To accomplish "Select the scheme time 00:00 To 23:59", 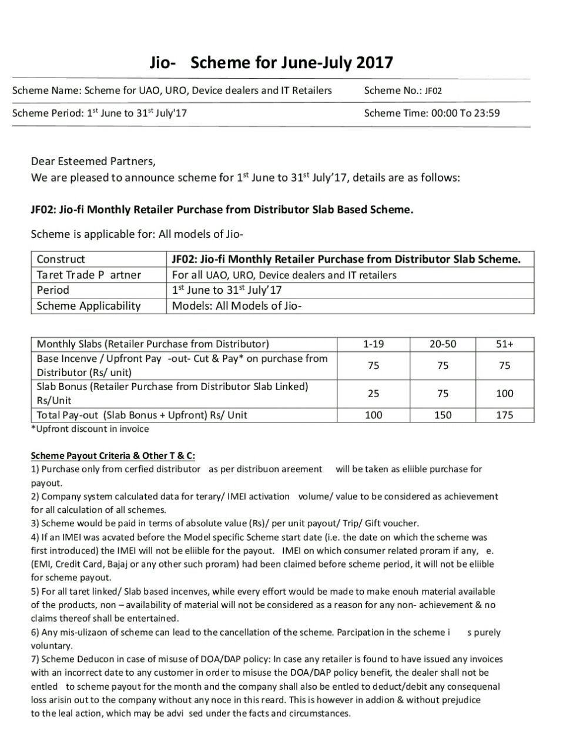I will (465, 113).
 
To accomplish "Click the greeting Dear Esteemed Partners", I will (93, 161).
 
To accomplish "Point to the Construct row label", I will (61, 259).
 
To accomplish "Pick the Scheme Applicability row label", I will (89, 305).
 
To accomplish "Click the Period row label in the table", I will (53, 290).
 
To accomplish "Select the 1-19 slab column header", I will (373, 344).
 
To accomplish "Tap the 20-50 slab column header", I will (442, 344).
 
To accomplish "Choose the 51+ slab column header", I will (504, 344).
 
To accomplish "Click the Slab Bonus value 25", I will (373, 394).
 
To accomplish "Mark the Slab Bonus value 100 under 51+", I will (504, 394).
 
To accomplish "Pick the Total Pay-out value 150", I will (442, 415).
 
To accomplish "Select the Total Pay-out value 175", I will (504, 415).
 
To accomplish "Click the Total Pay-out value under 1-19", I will (373, 415).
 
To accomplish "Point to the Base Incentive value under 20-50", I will (442, 365).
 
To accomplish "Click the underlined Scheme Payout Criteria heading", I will (113, 455).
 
